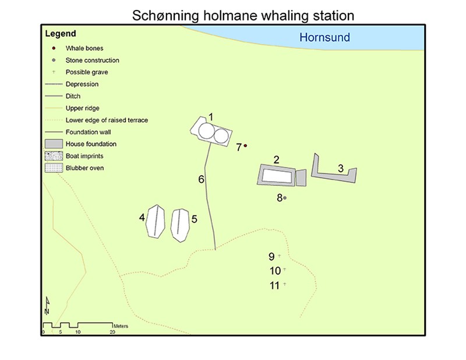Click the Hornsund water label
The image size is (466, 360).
point(324,37)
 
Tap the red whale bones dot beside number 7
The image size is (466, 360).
point(245,146)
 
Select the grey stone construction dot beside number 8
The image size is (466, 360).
point(285,197)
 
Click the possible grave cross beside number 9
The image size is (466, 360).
point(279,256)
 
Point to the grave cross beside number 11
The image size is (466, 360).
point(284,284)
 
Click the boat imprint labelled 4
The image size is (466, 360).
point(156,221)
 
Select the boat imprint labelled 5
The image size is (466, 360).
point(180,225)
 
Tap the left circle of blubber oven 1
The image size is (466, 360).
point(206,131)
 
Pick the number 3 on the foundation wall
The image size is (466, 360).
point(341,168)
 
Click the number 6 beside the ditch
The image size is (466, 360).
point(201,179)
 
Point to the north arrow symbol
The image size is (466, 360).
point(47,306)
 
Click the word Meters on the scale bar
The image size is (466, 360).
point(121,326)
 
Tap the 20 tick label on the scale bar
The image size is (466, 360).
point(112,332)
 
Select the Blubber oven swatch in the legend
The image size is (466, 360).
point(54,168)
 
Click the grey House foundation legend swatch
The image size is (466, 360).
point(54,144)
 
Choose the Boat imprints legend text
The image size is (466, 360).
point(84,156)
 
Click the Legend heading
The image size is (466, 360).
point(61,34)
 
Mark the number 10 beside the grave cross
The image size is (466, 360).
point(275,271)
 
